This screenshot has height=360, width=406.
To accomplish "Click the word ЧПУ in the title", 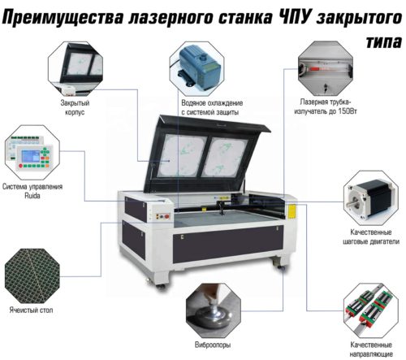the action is tap(294, 18).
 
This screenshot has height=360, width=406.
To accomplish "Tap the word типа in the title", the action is tap(383, 41).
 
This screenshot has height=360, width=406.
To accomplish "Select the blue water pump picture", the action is tap(197, 68).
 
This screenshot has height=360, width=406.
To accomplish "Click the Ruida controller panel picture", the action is tap(32, 153).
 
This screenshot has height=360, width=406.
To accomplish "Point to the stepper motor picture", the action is tap(370, 197).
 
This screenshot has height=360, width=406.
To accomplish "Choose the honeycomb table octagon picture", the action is tap(32, 275).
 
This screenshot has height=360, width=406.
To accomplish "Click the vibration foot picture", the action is tap(214, 310).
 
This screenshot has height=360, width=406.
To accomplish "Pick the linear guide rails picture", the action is tap(371, 310).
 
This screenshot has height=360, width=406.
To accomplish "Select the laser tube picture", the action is tap(326, 68).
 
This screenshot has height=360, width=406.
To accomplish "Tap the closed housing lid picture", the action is tap(76, 68).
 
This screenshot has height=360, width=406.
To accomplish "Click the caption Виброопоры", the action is tap(213, 345).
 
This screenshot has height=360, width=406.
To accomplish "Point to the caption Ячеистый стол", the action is tap(31, 310).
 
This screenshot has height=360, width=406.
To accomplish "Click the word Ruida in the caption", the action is tap(32, 196).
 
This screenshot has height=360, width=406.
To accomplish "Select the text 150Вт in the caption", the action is tap(348, 111).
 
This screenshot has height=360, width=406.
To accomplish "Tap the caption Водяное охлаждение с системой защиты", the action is tap(212, 107).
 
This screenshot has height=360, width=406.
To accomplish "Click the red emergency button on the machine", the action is tap(166, 216).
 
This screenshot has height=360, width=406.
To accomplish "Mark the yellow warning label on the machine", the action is tap(292, 211).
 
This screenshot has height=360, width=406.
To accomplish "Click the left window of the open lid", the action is tap(182, 155).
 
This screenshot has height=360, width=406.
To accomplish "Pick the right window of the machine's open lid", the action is tap(225, 157).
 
